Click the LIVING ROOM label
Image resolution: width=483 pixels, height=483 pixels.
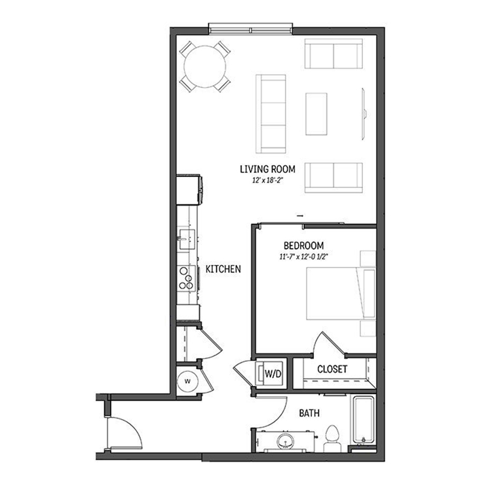click(267, 169)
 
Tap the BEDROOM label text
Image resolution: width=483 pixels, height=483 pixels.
click(303, 245)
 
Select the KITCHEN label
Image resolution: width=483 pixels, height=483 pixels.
click(223, 269)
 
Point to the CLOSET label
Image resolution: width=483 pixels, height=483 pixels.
click(332, 369)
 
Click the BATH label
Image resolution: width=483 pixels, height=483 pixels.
click(309, 413)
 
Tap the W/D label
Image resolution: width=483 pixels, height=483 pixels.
click(273, 374)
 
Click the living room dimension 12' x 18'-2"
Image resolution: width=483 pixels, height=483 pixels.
click(267, 180)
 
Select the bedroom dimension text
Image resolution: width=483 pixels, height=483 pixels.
click(303, 257)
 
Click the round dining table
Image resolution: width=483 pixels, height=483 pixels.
click(205, 67)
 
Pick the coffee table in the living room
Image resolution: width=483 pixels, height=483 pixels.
click(316, 114)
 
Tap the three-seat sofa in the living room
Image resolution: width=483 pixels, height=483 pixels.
click(271, 114)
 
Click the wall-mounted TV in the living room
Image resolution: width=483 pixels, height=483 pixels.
click(364, 114)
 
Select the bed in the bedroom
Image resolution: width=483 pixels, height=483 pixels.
click(341, 294)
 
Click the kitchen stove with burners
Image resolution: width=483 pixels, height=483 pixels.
click(187, 279)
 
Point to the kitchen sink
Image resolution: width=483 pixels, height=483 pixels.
click(186, 239)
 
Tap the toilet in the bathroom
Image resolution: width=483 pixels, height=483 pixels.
click(332, 438)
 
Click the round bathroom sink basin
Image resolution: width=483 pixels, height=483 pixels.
click(286, 442)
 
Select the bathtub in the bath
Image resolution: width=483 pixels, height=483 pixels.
click(363, 420)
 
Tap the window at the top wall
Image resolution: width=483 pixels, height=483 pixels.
click(250, 28)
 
